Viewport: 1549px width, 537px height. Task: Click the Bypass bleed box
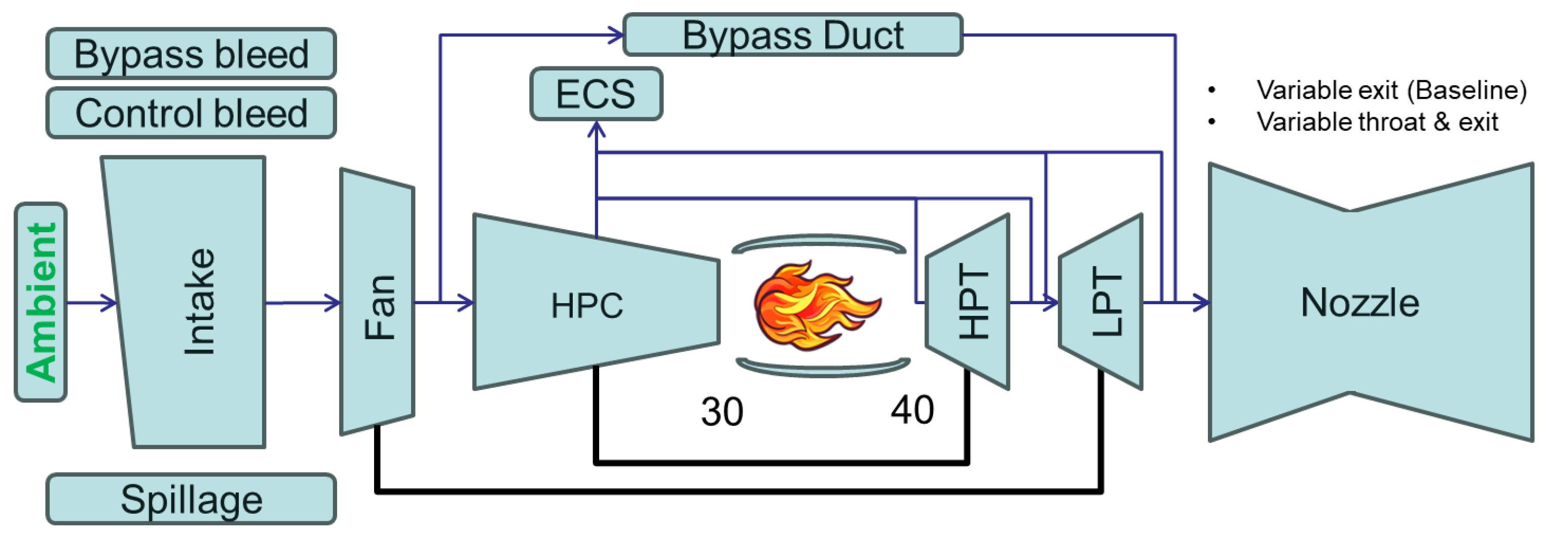tap(191, 54)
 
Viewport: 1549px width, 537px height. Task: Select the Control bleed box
tap(191, 114)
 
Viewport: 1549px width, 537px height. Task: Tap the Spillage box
tap(191, 499)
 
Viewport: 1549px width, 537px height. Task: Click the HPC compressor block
tap(586, 305)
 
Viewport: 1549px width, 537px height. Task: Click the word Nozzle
tap(1359, 302)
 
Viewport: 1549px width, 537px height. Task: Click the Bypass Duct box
tap(793, 35)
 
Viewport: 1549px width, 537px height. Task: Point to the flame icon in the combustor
tap(815, 305)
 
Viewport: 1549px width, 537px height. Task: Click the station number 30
tap(722, 412)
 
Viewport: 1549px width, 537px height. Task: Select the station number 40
tap(911, 411)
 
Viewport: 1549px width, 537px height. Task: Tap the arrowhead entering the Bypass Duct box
tap(616, 35)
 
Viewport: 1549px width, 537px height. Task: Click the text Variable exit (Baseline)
tap(1391, 90)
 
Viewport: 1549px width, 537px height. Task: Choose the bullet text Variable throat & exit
tap(1377, 122)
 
